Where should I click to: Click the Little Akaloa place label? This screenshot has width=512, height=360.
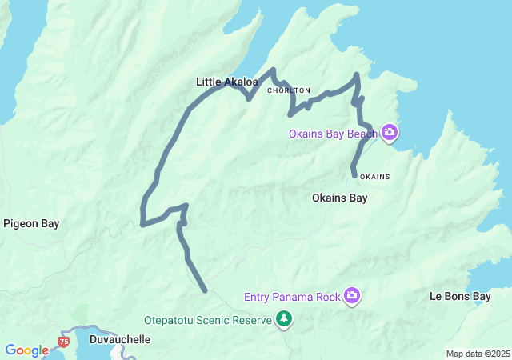[x=227, y=82]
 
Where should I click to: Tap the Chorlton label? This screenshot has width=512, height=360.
[x=288, y=90]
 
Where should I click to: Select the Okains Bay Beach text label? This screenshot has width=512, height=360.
[x=333, y=133]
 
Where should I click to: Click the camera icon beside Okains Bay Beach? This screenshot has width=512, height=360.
[x=390, y=132]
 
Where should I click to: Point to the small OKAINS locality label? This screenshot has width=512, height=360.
[x=374, y=176]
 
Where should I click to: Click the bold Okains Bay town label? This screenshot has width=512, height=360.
[x=339, y=198]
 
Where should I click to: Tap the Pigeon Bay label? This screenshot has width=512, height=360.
[x=31, y=224]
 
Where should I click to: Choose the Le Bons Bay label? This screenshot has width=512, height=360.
[x=460, y=296]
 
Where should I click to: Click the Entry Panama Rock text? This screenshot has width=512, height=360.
[x=292, y=298]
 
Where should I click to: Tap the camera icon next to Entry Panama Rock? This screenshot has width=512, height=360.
[x=351, y=297]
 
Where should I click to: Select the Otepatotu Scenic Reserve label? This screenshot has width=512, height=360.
[x=208, y=320]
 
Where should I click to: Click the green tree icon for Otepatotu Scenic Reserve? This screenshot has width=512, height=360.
[x=283, y=320]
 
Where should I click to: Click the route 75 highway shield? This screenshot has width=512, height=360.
[x=63, y=342]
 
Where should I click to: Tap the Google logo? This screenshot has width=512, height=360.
[x=26, y=350]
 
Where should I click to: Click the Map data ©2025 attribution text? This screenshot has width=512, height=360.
[x=477, y=354]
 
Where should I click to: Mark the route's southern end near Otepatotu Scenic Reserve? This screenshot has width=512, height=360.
[x=206, y=290]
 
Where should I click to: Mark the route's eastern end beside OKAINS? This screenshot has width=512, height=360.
[x=354, y=174]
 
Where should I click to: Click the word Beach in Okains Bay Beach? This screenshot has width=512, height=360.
[x=362, y=133]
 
